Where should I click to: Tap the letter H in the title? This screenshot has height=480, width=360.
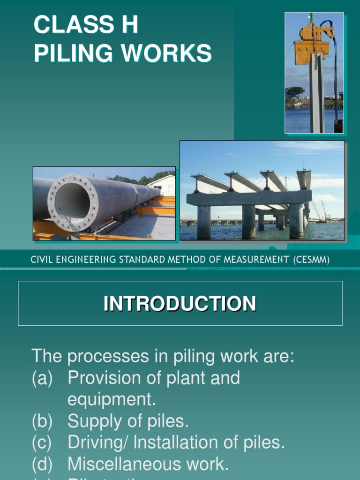[x=130, y=25]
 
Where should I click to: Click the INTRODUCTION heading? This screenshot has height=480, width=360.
[x=180, y=303]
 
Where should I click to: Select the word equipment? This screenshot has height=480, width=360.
[x=111, y=399]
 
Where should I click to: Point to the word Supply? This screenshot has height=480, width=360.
[x=93, y=421]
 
